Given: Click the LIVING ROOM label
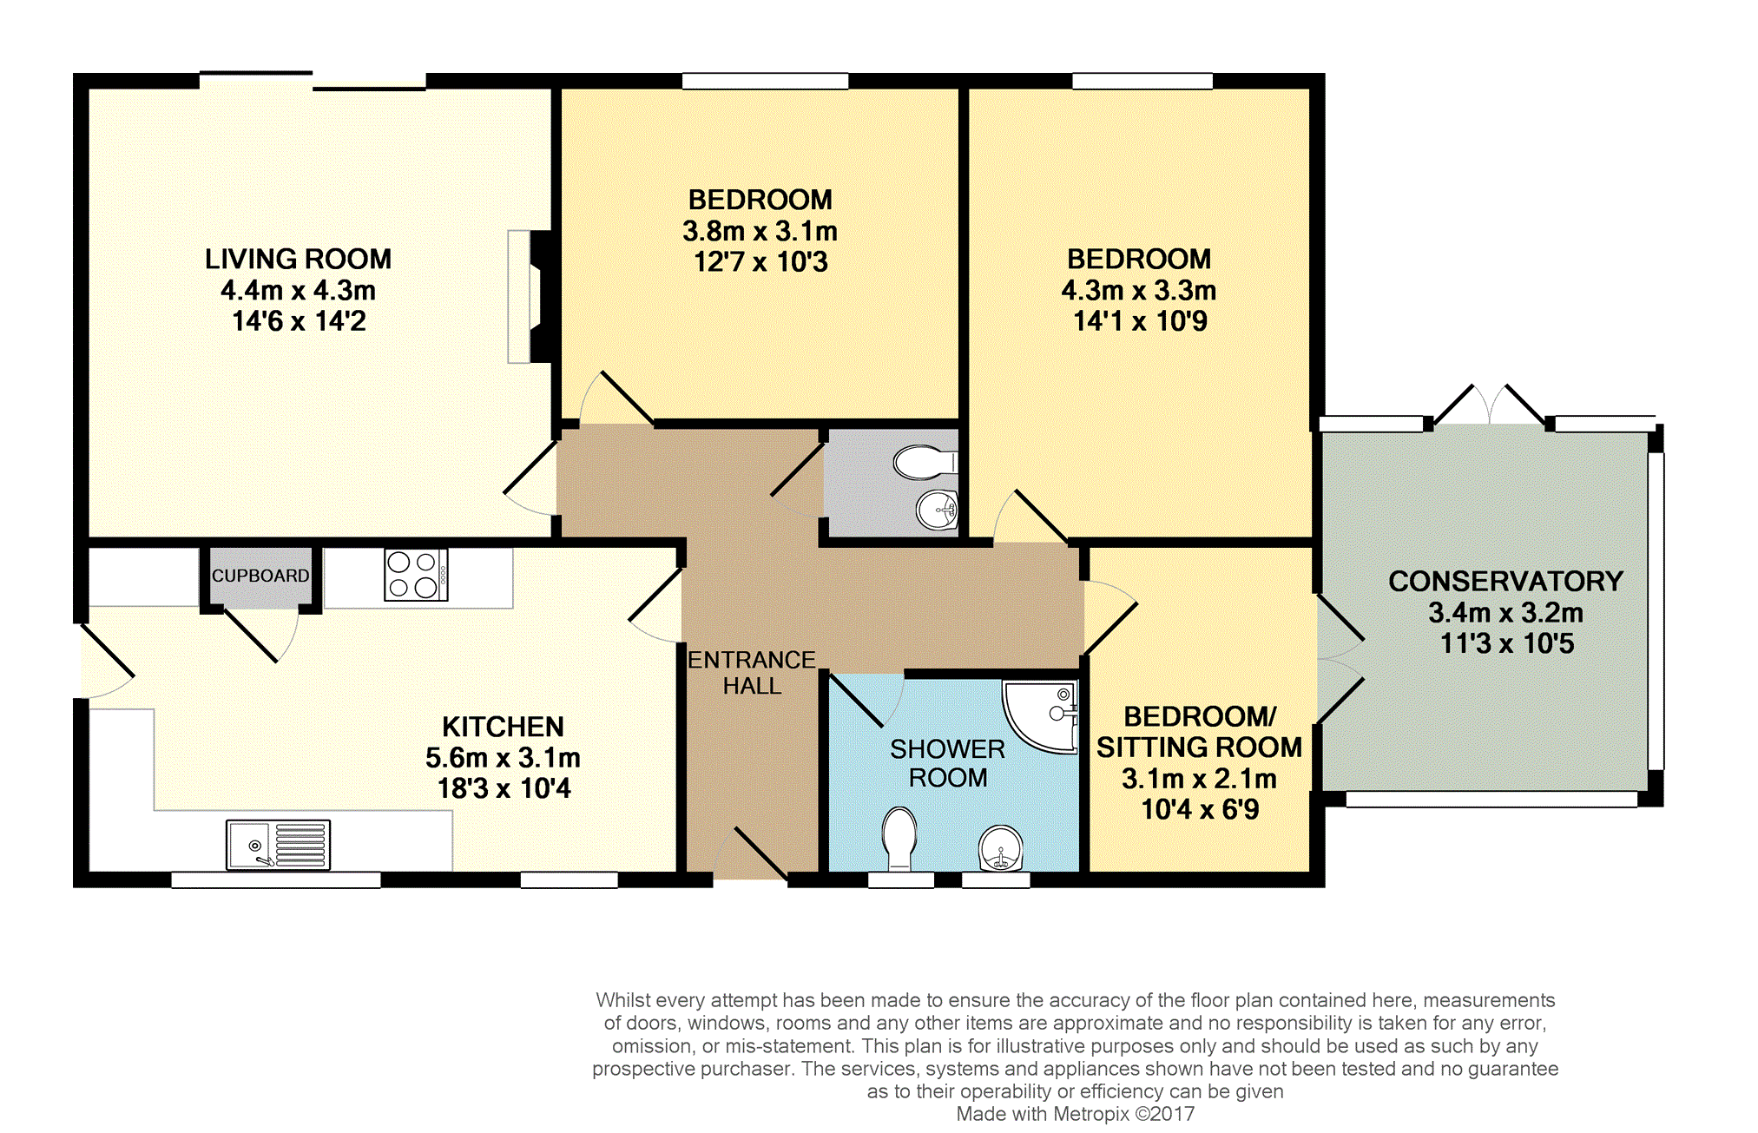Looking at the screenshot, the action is coord(298,259).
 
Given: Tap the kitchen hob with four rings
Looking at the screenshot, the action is coord(416,575).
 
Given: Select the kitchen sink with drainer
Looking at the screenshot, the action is coord(278,844).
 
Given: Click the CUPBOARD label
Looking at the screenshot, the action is coord(260,576).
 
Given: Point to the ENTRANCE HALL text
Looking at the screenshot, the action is coord(752,673).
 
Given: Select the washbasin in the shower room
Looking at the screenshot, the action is coord(1001,848).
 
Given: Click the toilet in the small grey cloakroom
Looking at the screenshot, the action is coord(925,463).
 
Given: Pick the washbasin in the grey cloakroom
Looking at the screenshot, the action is coord(938,509).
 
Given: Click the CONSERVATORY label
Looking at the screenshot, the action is coord(1505,581).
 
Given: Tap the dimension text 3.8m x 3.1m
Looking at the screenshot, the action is coord(760,231).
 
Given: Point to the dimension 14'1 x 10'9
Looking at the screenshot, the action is coord(1140,321).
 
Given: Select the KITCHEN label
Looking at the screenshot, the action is coord(503,727).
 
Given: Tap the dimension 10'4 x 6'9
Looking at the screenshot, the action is coord(1200,809).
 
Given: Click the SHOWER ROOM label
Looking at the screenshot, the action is coord(947,763).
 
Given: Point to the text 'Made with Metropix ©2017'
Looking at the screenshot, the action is coord(1075,1114).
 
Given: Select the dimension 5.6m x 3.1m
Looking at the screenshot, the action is coord(503,758).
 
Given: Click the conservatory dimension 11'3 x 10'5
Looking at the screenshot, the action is coord(1507,643).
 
